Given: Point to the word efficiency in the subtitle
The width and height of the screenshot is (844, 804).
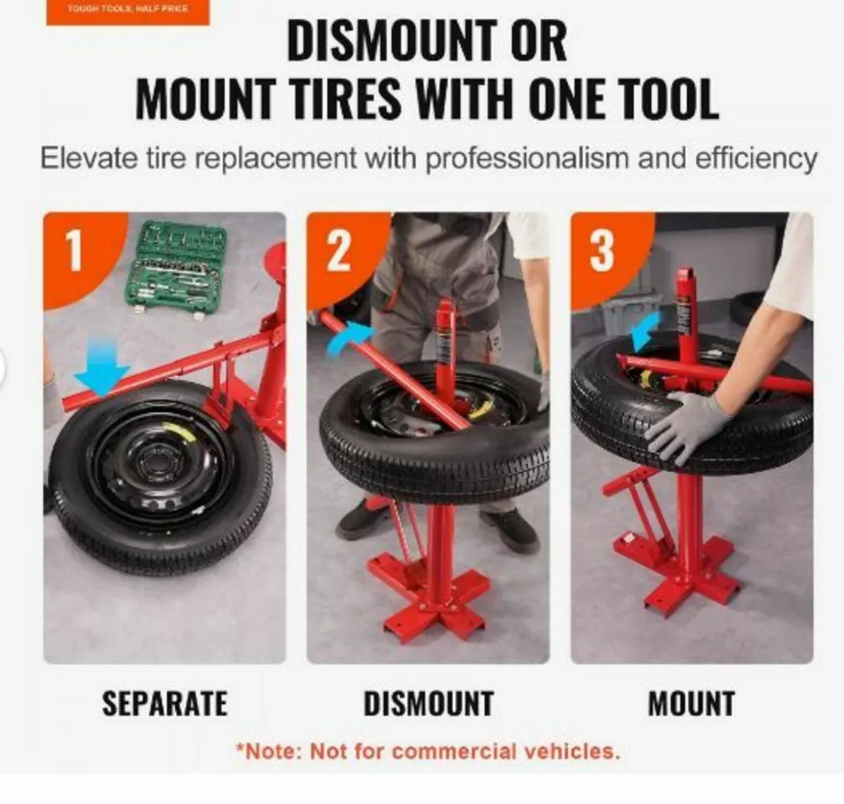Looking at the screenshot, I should [x=756, y=158].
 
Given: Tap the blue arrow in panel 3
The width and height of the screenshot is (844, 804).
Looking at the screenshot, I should [x=646, y=331].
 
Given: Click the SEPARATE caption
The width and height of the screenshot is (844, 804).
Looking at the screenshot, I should [x=165, y=703].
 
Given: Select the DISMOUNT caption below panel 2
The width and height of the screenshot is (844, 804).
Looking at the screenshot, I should [x=428, y=703].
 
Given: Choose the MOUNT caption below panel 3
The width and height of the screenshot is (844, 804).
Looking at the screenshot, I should [x=691, y=703].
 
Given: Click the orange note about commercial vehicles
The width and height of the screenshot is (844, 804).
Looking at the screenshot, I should [x=428, y=751].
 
